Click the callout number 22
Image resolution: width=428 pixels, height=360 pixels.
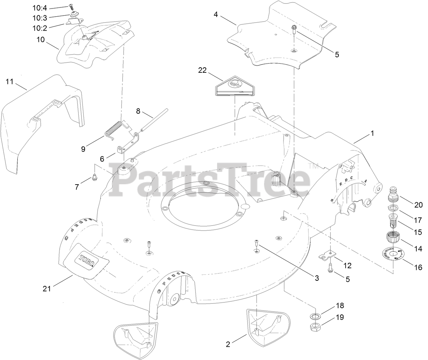[x=202, y=70]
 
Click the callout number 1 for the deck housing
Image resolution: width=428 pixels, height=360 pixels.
[x=372, y=134]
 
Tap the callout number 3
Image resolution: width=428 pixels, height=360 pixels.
[x=317, y=278]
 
